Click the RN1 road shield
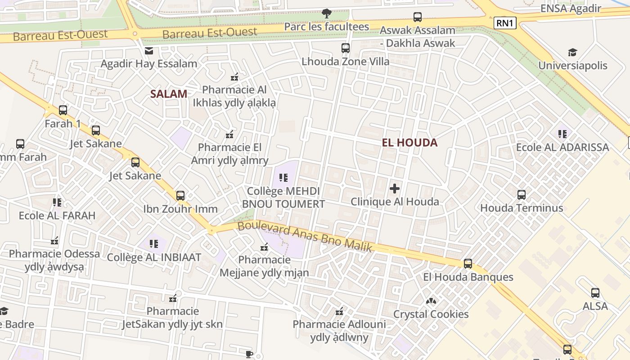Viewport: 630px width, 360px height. click(504, 23)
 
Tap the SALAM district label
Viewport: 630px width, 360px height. click(169, 94)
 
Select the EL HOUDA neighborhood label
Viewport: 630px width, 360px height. click(409, 143)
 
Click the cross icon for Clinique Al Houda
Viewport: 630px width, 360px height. click(395, 188)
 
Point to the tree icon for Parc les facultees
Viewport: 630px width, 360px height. click(326, 13)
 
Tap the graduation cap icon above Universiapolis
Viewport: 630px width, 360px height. click(572, 53)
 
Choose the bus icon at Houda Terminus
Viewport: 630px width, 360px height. click(522, 195)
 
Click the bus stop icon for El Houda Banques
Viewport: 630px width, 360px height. click(468, 264)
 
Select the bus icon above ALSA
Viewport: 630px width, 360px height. click(595, 293)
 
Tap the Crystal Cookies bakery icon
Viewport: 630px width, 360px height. click(431, 301)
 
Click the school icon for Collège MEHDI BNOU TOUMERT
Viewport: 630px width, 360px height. click(283, 178)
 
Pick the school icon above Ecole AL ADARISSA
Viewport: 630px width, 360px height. click(562, 134)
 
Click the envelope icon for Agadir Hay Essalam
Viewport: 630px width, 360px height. click(149, 51)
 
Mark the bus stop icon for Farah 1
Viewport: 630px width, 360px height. click(63, 110)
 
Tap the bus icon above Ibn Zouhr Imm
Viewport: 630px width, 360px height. click(180, 196)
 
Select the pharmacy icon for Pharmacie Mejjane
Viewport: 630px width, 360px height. click(264, 247)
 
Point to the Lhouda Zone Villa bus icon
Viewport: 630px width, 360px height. click(346, 48)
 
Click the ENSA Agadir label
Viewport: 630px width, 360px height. click(571, 9)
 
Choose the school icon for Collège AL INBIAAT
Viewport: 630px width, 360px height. click(154, 244)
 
